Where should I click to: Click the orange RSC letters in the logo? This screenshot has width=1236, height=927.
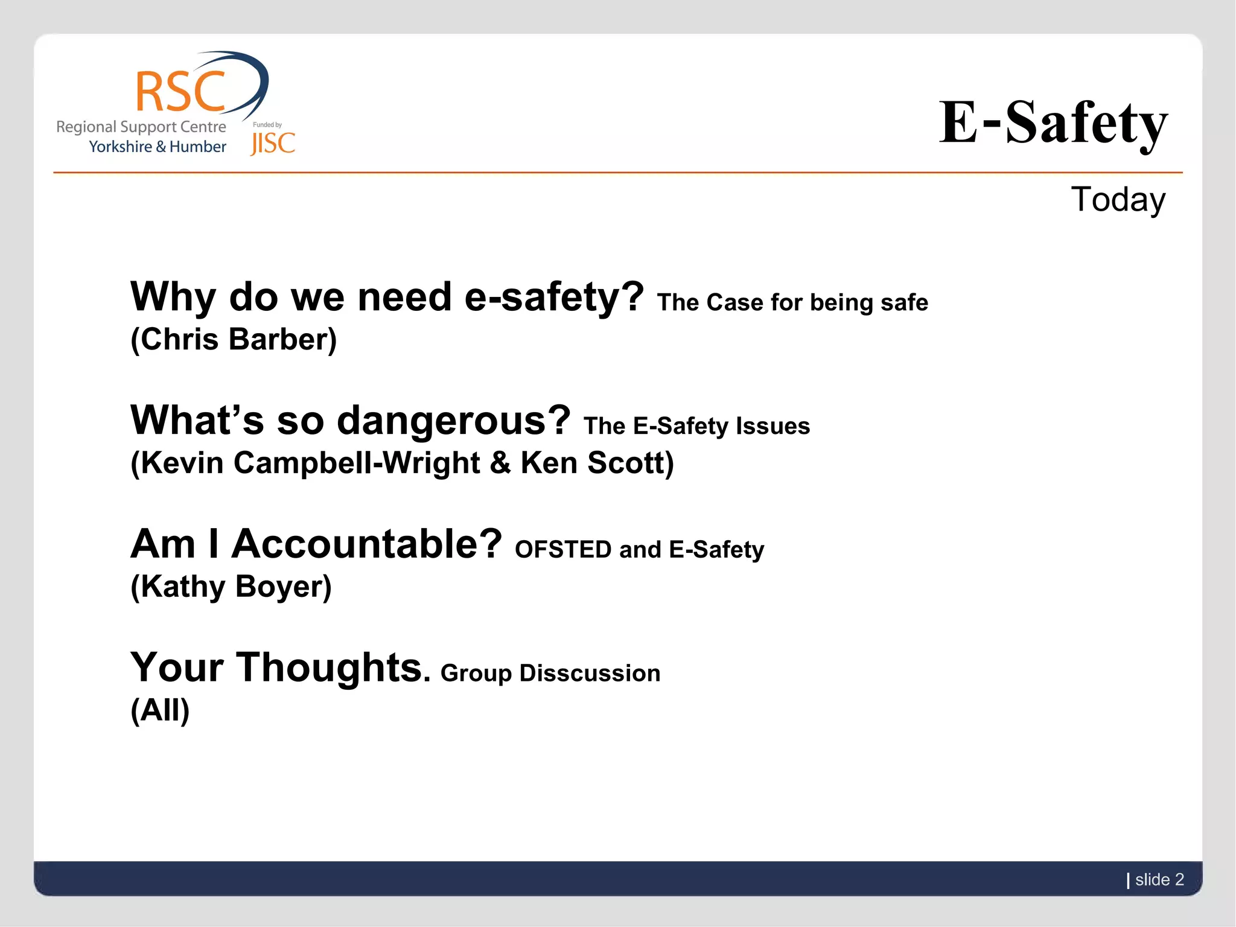180,92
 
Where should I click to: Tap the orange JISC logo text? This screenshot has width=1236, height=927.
273,144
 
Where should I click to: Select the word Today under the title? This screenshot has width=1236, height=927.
1118,200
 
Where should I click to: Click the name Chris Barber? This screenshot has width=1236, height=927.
234,340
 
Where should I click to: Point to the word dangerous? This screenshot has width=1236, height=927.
453,421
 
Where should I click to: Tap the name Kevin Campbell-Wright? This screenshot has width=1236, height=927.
311,463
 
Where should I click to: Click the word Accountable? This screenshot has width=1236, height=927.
366,544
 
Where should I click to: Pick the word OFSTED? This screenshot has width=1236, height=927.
562,550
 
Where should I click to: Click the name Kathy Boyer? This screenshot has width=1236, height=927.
231,587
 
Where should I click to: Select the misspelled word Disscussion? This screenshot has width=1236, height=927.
590,674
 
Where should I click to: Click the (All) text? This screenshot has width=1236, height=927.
160,710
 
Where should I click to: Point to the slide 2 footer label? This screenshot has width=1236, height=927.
1159,879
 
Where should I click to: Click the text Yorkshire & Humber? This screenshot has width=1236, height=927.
158,147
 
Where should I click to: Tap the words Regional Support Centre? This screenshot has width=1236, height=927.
141,127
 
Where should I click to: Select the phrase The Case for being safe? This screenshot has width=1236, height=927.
792,302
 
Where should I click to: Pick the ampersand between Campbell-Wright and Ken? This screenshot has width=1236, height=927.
500,463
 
